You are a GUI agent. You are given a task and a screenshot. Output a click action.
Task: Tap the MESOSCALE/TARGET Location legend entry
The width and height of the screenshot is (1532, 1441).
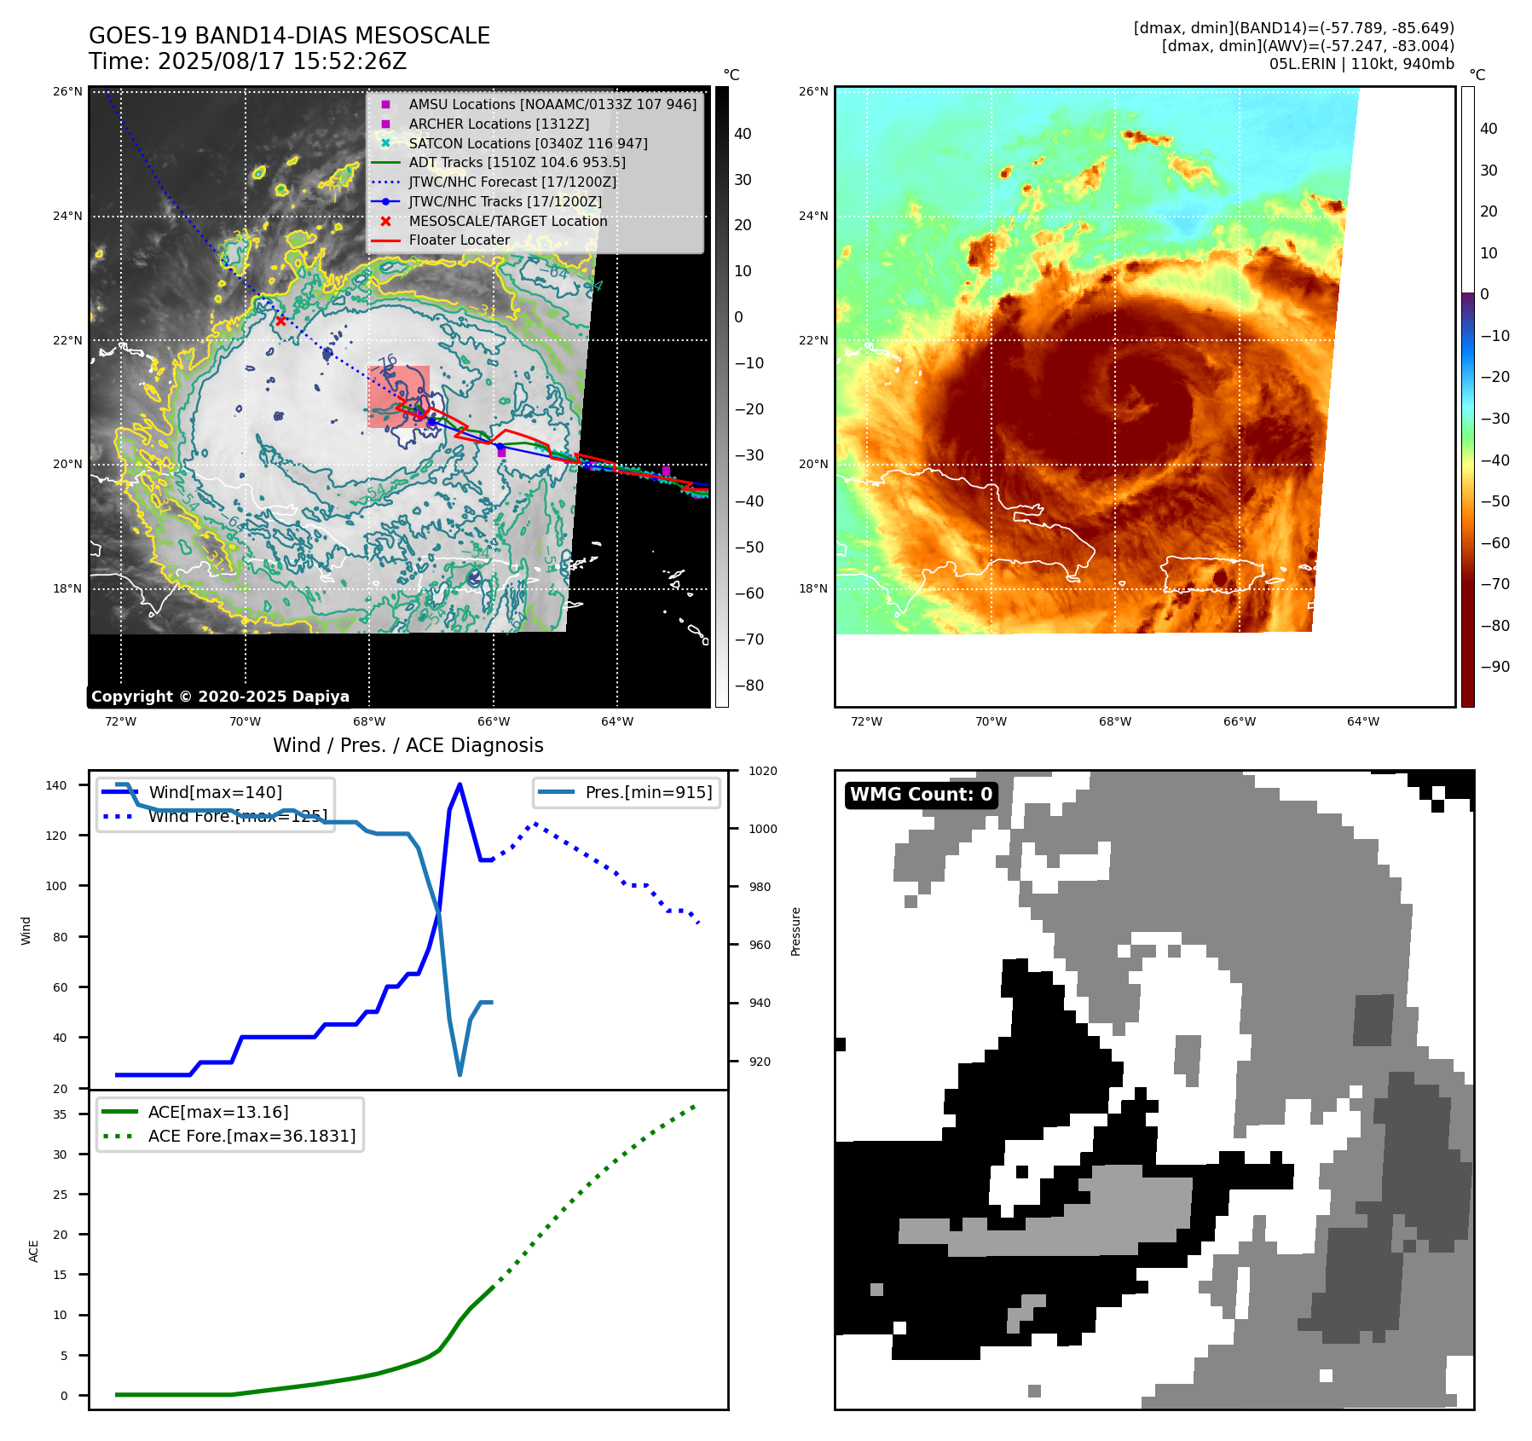[x=507, y=221]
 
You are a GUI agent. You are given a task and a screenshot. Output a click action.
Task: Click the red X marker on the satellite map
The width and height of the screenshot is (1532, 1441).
[x=281, y=321]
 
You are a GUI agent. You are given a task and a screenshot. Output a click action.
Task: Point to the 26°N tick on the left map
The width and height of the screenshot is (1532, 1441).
[x=68, y=91]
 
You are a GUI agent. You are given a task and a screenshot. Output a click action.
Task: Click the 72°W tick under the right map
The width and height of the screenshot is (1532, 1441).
[x=866, y=721]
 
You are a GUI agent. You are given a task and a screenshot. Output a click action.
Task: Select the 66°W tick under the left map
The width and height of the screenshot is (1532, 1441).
[x=494, y=721]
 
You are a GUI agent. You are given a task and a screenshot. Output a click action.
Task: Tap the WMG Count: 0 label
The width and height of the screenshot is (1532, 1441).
[x=921, y=795]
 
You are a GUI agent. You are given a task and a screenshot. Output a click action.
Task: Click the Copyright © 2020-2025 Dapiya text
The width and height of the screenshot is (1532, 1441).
[x=220, y=697]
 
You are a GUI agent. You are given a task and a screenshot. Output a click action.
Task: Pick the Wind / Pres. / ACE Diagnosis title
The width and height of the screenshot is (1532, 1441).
[x=408, y=745]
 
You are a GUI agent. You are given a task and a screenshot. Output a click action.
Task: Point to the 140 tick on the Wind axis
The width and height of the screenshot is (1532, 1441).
[x=56, y=785]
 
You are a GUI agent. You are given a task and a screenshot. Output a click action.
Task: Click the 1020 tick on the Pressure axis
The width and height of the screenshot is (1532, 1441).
[x=763, y=771]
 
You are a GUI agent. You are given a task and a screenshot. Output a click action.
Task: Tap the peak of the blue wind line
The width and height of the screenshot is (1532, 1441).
[x=460, y=784]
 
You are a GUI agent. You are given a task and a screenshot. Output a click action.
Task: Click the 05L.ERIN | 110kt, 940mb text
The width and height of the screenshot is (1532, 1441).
[x=1361, y=64]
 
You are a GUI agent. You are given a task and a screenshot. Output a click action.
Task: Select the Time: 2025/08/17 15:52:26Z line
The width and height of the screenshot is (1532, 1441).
[x=247, y=61]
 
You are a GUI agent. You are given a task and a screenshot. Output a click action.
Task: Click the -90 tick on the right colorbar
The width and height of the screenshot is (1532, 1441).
[x=1494, y=667]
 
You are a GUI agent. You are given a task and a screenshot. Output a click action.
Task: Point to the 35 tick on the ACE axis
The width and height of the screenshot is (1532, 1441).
[x=61, y=1114]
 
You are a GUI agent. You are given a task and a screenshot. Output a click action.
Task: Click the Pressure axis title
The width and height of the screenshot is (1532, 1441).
[x=796, y=931]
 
